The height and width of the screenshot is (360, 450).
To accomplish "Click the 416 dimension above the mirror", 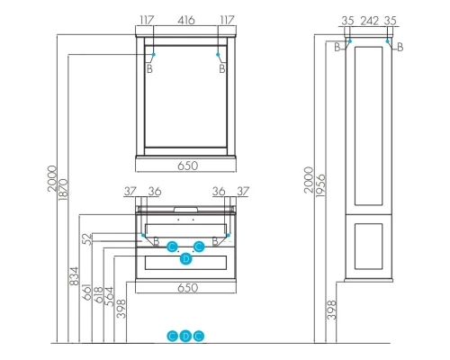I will point(186,17).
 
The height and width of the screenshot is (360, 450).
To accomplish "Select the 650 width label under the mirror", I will point(186,166).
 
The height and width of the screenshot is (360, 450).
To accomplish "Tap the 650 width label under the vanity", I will point(186,288).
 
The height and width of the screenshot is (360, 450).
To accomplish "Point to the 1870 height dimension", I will point(63,184).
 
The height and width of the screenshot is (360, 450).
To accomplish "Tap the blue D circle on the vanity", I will point(186,259).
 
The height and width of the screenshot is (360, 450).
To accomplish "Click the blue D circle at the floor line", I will point(186,336).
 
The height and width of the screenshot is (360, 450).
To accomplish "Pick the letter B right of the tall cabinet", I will point(400,47).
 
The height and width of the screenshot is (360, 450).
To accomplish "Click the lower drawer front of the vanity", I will point(186,263).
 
